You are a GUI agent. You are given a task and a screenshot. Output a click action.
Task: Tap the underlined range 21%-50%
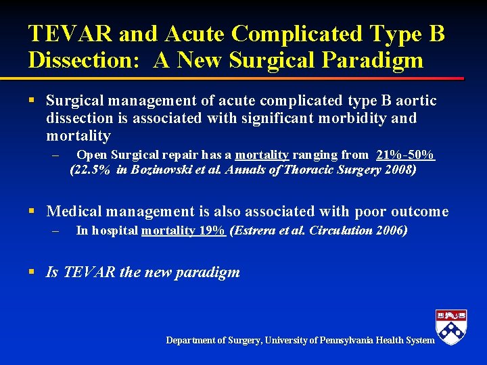pyautogui.click(x=405, y=155)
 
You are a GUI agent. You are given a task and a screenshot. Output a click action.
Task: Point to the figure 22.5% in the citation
pyautogui.click(x=91, y=170)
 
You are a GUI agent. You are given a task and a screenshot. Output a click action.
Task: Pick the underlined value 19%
pyautogui.click(x=212, y=230)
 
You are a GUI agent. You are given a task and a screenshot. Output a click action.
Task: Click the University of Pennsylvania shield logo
pyautogui.click(x=451, y=327)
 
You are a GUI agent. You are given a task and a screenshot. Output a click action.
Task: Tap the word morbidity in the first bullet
pyautogui.click(x=353, y=118)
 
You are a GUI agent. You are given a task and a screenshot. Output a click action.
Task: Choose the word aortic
pyautogui.click(x=416, y=101)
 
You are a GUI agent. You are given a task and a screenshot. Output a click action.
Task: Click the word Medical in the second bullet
pyautogui.click(x=72, y=212)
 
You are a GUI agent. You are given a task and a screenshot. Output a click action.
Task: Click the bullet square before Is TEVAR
pyautogui.click(x=32, y=272)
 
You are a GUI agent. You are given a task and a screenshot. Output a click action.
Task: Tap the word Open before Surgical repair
pyautogui.click(x=90, y=155)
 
